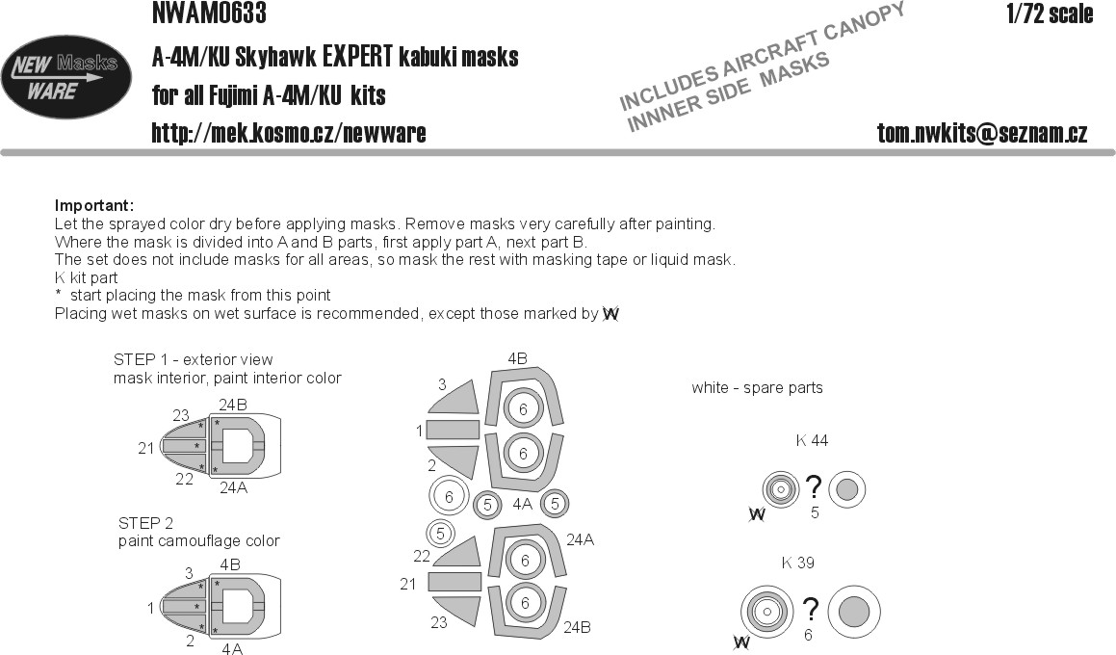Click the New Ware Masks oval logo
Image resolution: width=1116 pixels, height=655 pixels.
pos(66,77)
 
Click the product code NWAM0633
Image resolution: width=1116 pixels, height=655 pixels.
pos(209,13)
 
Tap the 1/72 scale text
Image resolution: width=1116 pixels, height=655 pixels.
pos(1050,13)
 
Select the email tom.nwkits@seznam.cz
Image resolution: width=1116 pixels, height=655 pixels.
pos(982,133)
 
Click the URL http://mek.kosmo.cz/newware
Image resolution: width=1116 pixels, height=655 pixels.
pos(289,133)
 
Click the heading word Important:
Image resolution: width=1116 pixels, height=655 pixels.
pos(94,206)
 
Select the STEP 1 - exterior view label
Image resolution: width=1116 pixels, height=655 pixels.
pos(193,359)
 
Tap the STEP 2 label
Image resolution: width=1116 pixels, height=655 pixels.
pos(146,523)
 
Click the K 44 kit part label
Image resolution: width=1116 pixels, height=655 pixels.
pos(812,441)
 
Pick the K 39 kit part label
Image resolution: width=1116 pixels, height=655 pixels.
pos(798,563)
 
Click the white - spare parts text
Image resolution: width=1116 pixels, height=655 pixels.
pos(757,388)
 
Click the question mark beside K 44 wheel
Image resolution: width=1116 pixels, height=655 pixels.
pos(813,488)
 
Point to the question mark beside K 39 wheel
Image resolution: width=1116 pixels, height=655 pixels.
pos(810,610)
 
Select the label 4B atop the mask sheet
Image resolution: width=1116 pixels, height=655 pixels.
pos(517,359)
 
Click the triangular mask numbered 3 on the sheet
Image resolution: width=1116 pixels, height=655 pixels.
pos(456,397)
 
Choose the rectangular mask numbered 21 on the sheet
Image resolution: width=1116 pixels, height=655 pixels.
pos(454,583)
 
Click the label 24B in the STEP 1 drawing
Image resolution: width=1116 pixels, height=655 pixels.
pos(233,406)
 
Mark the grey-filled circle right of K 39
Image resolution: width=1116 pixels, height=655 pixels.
pos(854,612)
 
